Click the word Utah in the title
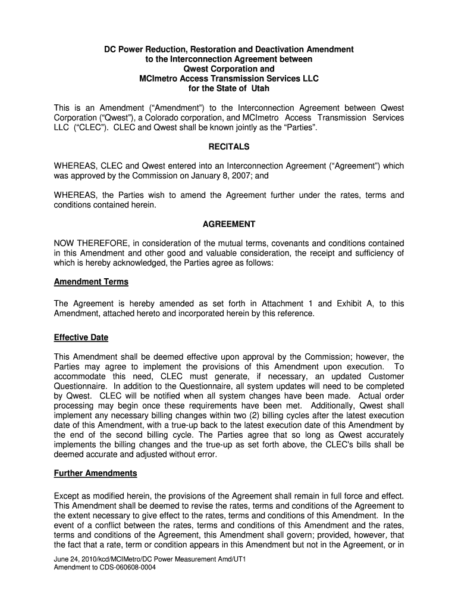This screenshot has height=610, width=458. pyautogui.click(x=259, y=89)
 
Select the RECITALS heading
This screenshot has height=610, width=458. pyautogui.click(x=229, y=147)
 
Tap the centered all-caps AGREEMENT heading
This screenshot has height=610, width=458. pyautogui.click(x=229, y=224)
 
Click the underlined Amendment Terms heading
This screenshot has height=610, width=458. pyautogui.click(x=91, y=282)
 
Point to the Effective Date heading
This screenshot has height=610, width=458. pyautogui.click(x=81, y=337)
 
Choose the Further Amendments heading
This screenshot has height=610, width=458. pyautogui.click(x=95, y=473)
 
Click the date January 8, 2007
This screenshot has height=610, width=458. pyautogui.click(x=231, y=176)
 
